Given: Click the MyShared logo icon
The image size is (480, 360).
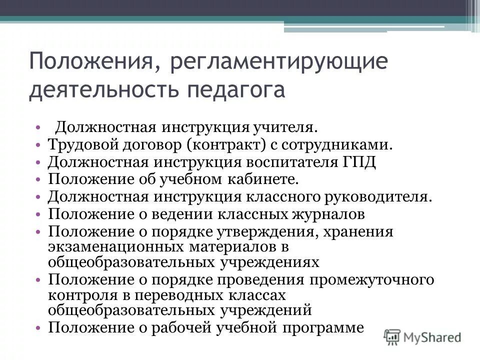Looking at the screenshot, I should click(x=393, y=336).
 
